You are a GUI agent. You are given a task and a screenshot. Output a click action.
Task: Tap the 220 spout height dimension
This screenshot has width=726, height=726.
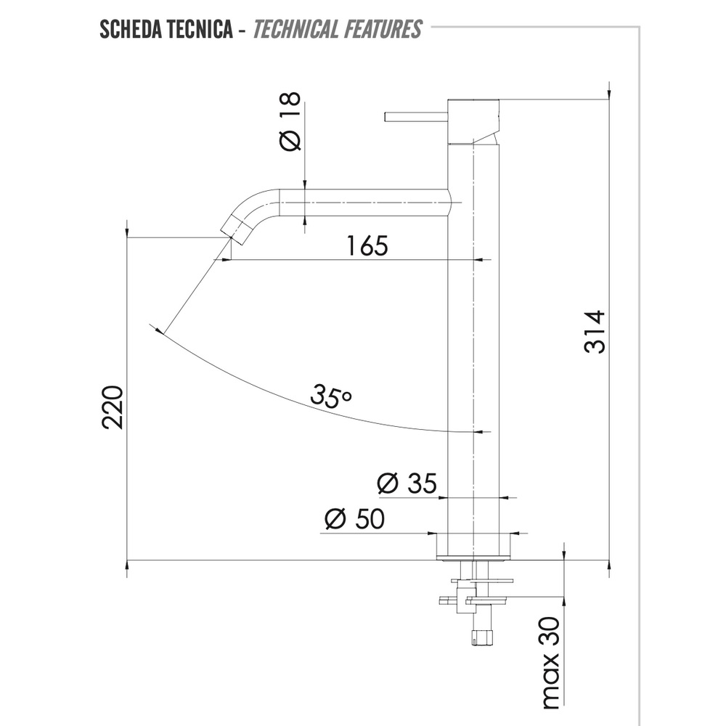tap(113, 407)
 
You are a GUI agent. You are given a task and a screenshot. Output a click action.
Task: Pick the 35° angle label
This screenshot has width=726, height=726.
tap(330, 396)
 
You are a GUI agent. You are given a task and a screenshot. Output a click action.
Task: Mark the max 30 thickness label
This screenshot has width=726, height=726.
tap(551, 663)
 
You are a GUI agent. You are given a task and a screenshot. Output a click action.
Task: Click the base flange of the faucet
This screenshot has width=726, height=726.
tap(474, 547)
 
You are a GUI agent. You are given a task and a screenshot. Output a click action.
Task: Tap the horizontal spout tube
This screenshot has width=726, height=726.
tap(363, 202)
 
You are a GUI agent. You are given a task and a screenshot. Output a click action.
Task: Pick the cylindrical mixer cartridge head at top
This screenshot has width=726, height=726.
tap(473, 120)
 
